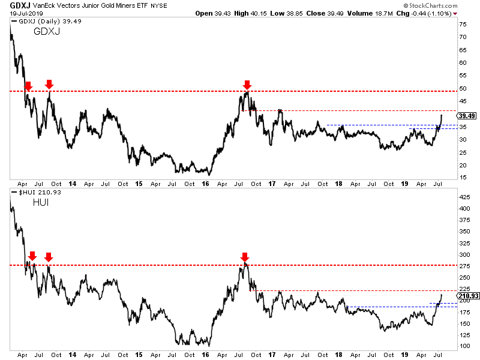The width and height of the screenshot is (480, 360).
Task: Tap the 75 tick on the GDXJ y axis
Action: [x=463, y=25]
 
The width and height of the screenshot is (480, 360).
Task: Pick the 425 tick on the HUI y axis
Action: [x=464, y=196]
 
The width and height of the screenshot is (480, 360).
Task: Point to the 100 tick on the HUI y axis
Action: [x=464, y=346]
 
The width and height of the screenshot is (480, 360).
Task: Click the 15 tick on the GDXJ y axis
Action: [x=463, y=177]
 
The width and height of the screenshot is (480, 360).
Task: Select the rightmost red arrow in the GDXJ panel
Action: [x=247, y=85]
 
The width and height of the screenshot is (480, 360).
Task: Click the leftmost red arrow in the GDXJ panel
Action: [x=27, y=86]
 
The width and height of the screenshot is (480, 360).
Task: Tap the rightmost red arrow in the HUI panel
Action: [x=244, y=257]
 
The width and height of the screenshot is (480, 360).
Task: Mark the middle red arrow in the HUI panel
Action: [x=49, y=257]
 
